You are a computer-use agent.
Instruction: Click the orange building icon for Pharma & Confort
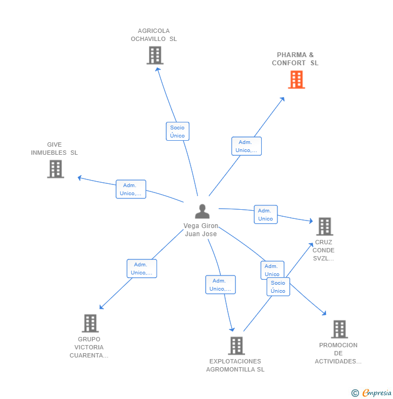point(296,80)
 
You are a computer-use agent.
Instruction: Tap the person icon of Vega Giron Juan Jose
point(202,211)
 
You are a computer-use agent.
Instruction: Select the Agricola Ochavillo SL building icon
point(154,55)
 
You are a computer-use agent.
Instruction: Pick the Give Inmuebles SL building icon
point(55,169)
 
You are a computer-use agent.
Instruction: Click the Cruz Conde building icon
point(324,226)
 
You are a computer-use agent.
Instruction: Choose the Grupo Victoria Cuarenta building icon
point(90,324)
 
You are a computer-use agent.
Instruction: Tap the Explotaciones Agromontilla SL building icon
point(236,346)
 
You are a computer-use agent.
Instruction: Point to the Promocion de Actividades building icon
point(339,329)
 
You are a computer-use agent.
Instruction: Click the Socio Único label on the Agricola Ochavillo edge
point(177,132)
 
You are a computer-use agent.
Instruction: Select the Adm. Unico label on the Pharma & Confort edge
point(246,146)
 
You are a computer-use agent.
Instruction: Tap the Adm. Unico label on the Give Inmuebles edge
point(131,189)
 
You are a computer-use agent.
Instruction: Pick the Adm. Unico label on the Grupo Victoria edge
point(141,269)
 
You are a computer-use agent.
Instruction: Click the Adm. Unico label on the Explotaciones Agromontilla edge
point(220,285)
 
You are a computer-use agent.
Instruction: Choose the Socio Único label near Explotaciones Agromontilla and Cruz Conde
point(278,287)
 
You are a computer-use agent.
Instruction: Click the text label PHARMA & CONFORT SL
point(295,59)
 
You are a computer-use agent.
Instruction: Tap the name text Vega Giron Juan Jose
point(201,230)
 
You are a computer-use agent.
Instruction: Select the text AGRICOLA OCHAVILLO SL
point(154,35)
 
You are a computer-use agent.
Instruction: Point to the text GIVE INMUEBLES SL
point(55,149)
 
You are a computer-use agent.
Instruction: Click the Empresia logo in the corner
point(371,393)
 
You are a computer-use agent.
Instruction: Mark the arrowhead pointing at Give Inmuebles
point(80,177)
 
